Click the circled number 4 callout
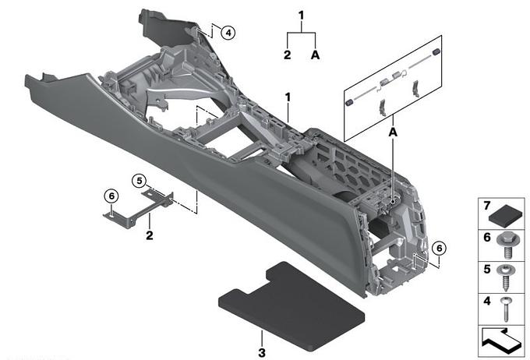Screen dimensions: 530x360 [228, 33]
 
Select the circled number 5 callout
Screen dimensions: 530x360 [140, 181]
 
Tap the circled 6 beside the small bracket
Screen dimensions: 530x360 [111, 196]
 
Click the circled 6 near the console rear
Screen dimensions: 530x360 [439, 249]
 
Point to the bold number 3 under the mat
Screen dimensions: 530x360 [262, 353]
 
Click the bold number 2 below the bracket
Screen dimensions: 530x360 [150, 235]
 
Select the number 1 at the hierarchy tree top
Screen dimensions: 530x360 [301, 16]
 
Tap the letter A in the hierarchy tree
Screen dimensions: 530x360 [315, 55]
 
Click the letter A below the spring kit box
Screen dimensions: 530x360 [393, 132]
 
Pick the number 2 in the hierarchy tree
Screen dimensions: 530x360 [288, 55]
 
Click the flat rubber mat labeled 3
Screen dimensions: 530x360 [291, 306]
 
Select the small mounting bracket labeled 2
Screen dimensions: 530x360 [139, 210]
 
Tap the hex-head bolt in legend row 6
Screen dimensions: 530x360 [507, 245]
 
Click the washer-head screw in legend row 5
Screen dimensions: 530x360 [506, 277]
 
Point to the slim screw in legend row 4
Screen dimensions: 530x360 [506, 309]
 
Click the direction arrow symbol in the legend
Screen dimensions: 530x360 [503, 341]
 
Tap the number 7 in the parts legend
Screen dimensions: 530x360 [486, 206]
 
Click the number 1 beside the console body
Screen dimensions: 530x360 [288, 97]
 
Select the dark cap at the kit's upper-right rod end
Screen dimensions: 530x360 [436, 52]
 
